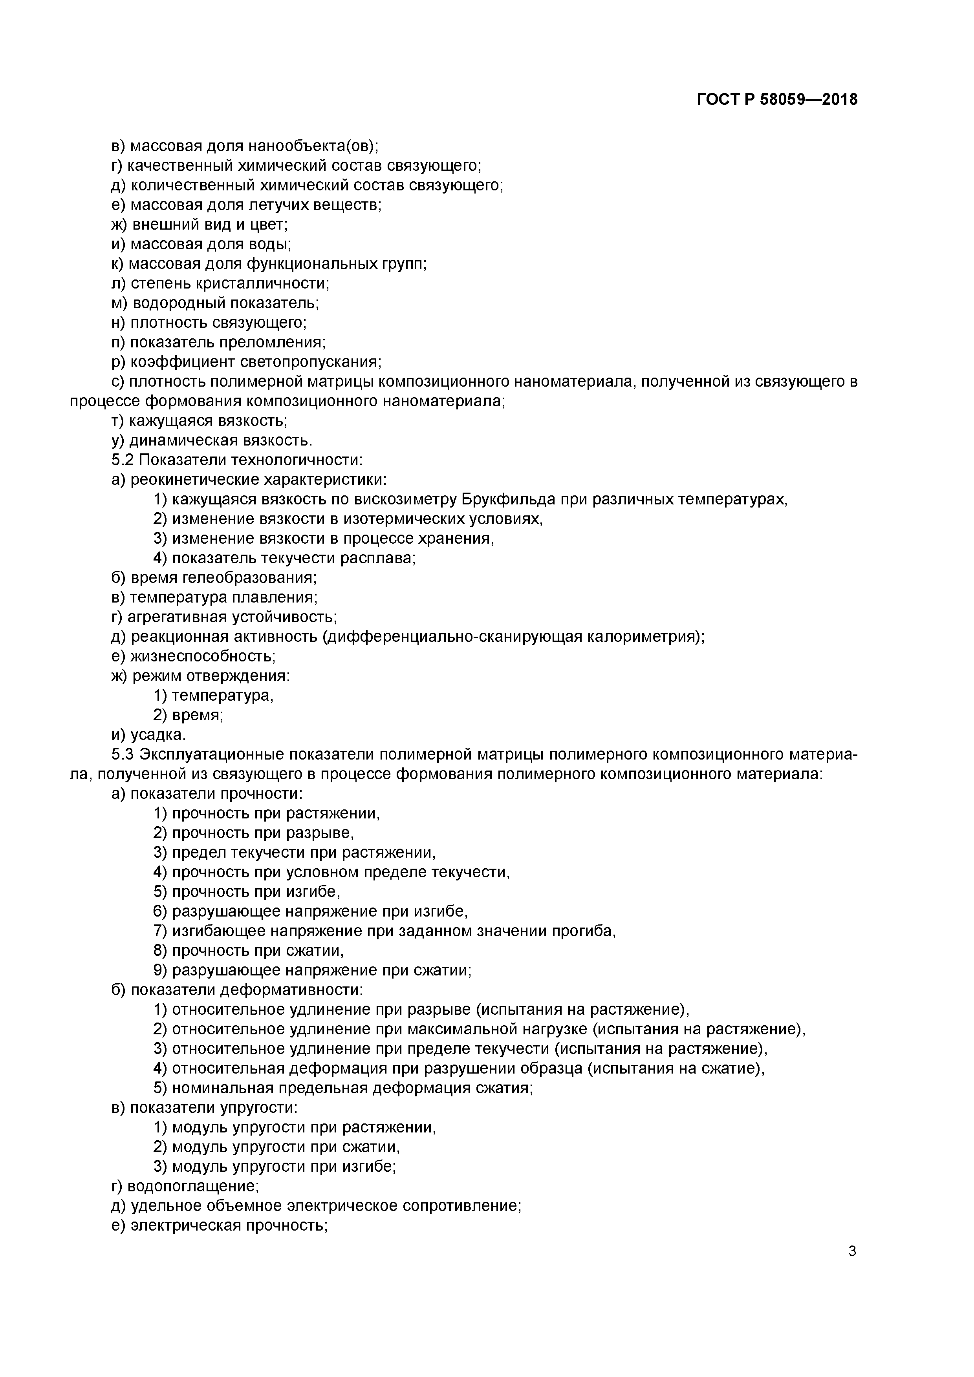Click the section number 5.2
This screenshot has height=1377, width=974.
[123, 460]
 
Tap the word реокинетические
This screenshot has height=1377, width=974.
[188, 480]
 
